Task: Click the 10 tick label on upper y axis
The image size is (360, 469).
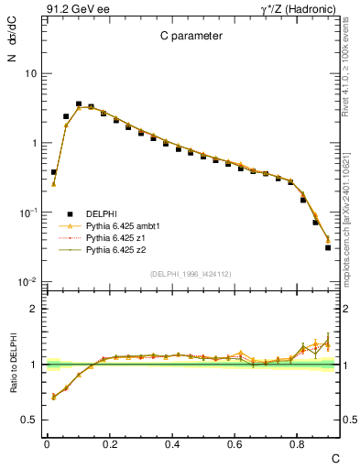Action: click(x=30, y=73)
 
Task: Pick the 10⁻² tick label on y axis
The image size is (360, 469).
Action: click(x=28, y=282)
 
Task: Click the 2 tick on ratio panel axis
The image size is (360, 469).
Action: click(x=34, y=309)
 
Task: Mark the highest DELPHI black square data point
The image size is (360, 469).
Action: click(x=79, y=104)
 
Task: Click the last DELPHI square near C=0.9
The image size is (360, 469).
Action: click(x=328, y=247)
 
